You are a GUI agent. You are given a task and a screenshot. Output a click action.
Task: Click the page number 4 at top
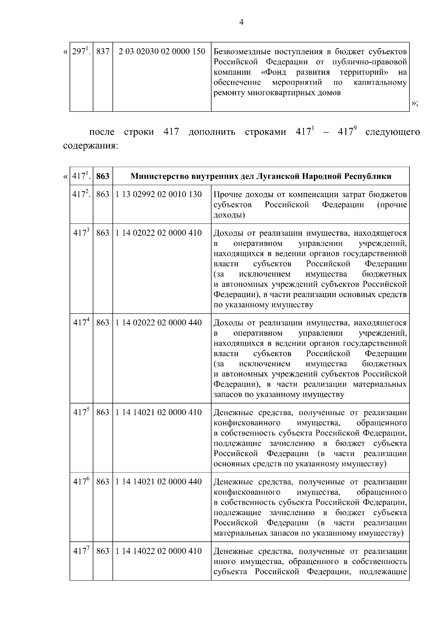(241, 22)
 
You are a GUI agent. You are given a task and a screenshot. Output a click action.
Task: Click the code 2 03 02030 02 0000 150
(162, 51)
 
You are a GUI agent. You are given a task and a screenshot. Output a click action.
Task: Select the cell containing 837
(103, 51)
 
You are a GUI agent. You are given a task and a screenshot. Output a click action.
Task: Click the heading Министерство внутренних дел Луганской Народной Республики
(261, 176)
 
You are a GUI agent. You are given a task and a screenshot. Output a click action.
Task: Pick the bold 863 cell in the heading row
(103, 176)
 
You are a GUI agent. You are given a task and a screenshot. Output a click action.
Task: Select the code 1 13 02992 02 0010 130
(158, 194)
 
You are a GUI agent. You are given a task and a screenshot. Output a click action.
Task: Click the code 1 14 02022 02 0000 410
(158, 233)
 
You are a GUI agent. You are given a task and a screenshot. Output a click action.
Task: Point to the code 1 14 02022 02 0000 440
(158, 322)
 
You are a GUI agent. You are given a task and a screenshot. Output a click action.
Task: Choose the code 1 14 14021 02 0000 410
(158, 412)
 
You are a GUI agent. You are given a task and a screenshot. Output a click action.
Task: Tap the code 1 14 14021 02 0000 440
(158, 481)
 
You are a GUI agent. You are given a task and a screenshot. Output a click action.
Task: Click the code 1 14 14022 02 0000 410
(158, 551)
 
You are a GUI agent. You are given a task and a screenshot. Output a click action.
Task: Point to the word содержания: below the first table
(90, 146)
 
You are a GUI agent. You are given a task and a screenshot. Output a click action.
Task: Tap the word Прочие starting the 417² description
(226, 194)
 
